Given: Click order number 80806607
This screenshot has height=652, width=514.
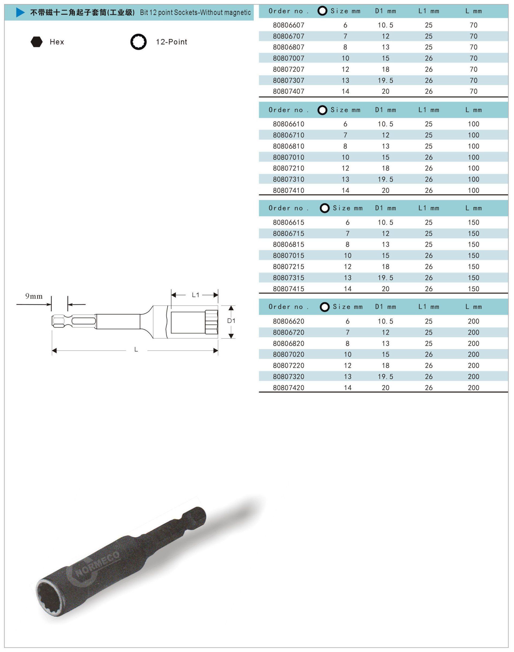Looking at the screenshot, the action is (x=289, y=25).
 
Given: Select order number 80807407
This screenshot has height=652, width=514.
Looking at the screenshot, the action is (x=289, y=91).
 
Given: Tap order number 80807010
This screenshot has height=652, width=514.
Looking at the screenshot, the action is (x=289, y=157).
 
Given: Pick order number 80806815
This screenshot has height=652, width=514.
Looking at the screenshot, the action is (x=289, y=244).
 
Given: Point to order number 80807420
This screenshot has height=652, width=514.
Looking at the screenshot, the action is (x=289, y=388).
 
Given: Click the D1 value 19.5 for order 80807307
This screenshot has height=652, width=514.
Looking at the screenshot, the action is (x=385, y=80).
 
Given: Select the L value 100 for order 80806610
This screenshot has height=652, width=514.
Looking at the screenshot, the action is (x=473, y=124).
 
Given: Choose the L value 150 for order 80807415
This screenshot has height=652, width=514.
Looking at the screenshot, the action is (x=473, y=289).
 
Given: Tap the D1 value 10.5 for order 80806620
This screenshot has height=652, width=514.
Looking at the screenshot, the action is (x=385, y=321).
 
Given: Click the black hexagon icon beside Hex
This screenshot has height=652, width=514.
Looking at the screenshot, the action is (x=36, y=42).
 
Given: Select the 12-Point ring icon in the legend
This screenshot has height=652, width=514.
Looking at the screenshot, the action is (x=138, y=42).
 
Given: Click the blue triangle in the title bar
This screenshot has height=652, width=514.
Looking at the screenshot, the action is (x=20, y=13).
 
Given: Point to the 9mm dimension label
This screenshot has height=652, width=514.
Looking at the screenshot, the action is (x=34, y=296).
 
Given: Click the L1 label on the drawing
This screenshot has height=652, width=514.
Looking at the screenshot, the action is (x=196, y=295).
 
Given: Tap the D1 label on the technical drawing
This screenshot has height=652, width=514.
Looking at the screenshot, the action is (x=231, y=321).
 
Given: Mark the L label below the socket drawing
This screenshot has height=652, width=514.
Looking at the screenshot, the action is (x=136, y=350).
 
